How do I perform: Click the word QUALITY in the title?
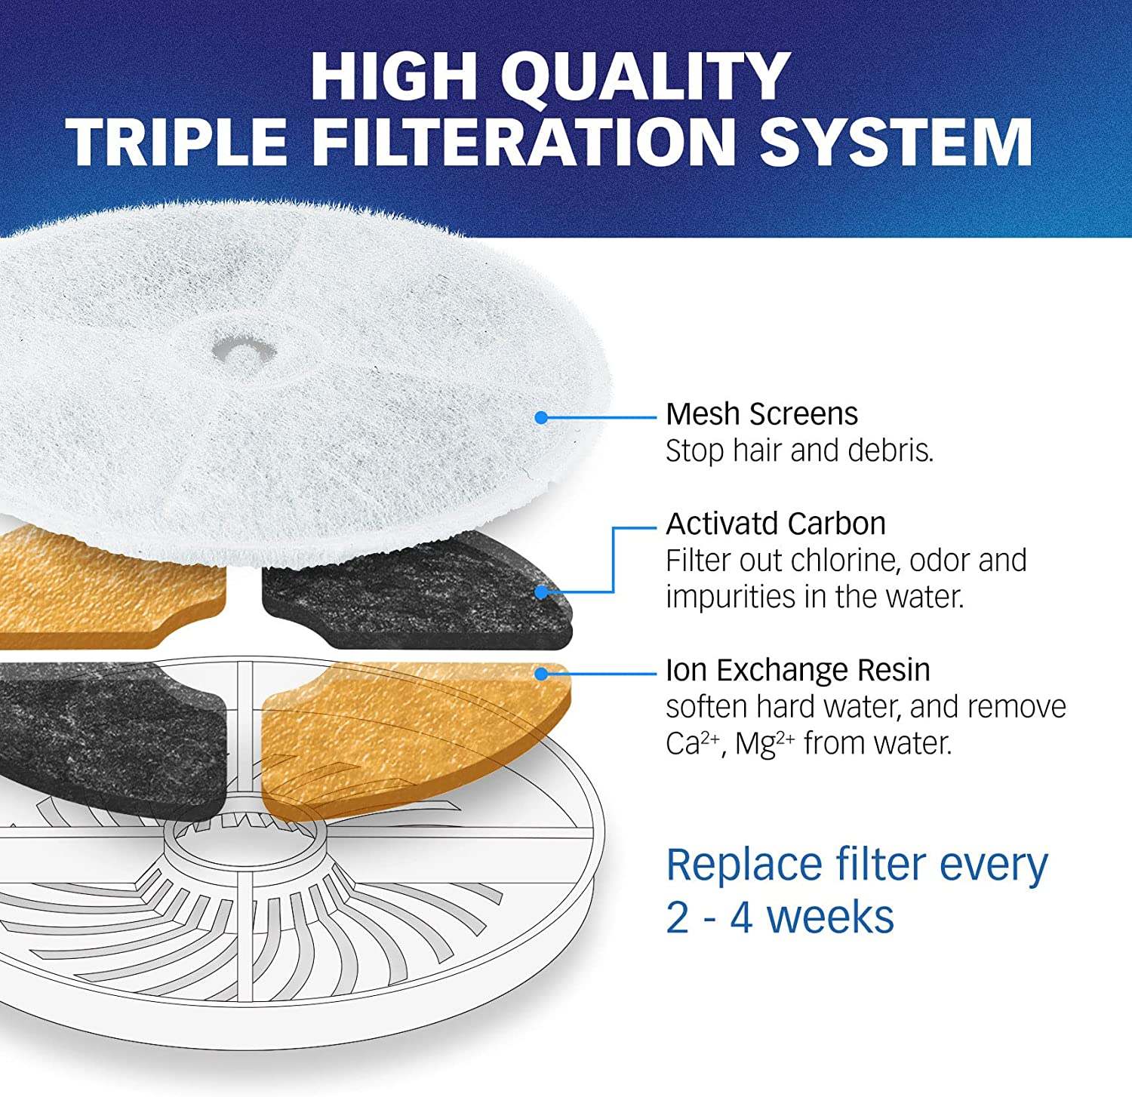[645, 76]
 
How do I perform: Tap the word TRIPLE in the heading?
[179, 142]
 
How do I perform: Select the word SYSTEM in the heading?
[896, 142]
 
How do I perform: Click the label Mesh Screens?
[761, 414]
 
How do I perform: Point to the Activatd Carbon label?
[775, 524]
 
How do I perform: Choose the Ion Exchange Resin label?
[798, 670]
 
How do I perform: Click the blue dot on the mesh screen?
[540, 417]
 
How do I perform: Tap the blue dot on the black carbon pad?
[540, 592]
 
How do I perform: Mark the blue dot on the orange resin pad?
[540, 673]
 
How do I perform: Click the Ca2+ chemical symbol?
[693, 743]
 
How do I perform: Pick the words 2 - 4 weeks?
[780, 917]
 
